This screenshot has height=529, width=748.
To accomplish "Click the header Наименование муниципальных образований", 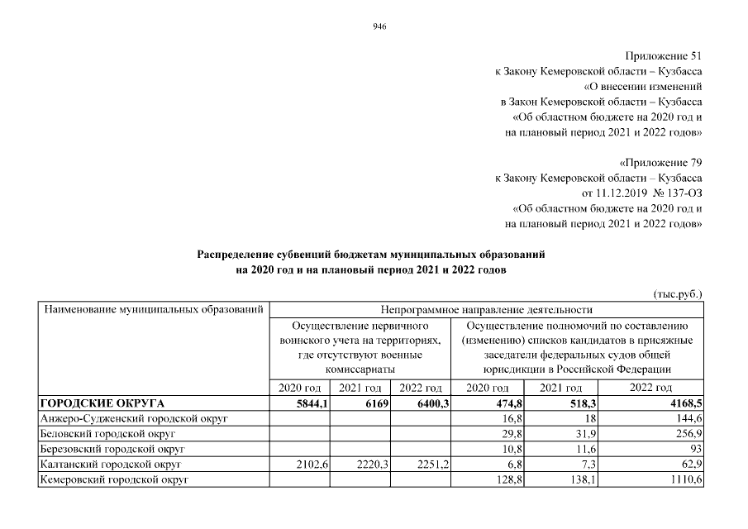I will click(x=153, y=310).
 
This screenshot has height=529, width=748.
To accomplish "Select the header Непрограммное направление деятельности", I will click(x=487, y=310).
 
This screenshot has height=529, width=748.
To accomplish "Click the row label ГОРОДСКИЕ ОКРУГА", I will click(x=102, y=403).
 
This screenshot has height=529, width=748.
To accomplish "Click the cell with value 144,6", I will click(x=684, y=419).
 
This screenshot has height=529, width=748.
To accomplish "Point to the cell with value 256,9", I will click(x=684, y=434).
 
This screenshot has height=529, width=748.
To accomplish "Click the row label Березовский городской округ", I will click(x=112, y=449).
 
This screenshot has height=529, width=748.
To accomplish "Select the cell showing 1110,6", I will click(x=681, y=479).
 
